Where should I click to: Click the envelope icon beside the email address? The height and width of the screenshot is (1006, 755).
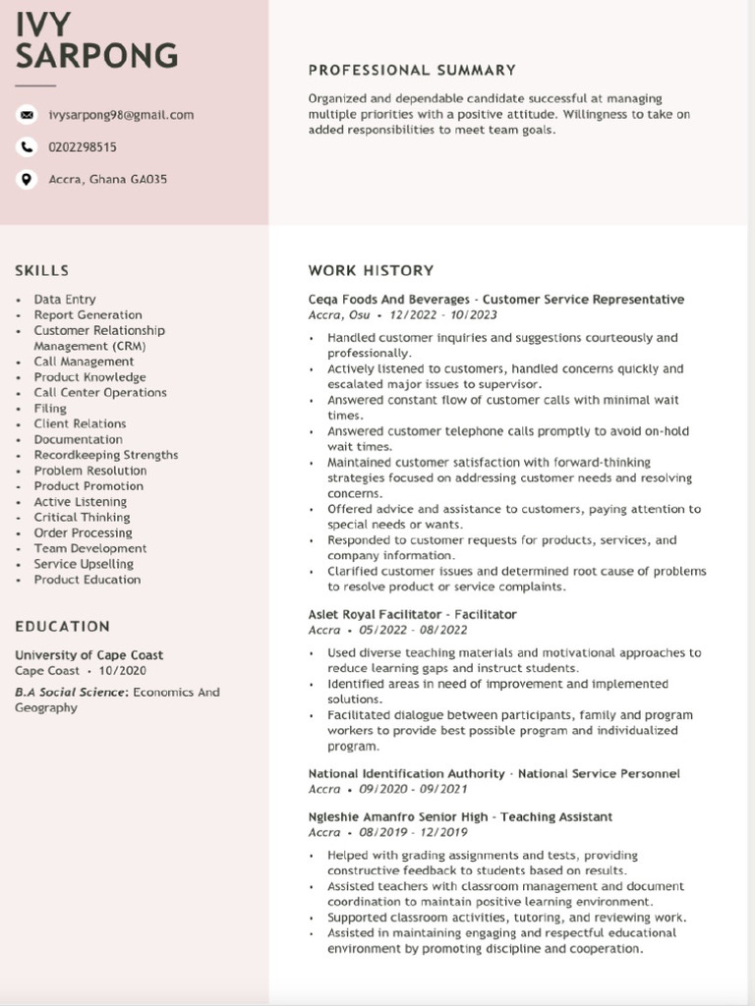click(27, 115)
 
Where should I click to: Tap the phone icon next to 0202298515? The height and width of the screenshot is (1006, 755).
click(27, 147)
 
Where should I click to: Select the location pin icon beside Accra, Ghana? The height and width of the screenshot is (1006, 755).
click(27, 180)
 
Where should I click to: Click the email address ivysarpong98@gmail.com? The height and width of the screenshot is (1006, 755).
click(121, 115)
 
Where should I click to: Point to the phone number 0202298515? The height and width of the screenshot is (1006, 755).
click(83, 147)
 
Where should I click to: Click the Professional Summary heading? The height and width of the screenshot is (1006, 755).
click(412, 71)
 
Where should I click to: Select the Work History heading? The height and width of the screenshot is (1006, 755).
click(371, 270)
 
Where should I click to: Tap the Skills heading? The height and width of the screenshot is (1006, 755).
click(42, 270)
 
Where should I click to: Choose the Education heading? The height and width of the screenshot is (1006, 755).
click(63, 626)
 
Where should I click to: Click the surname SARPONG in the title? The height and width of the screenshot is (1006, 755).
click(96, 55)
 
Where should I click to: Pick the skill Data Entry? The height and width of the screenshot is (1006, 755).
click(65, 300)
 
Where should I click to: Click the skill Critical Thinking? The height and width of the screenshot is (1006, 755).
click(82, 518)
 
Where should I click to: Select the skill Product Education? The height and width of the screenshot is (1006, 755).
click(87, 580)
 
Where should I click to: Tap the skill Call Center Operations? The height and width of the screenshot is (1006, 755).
click(100, 393)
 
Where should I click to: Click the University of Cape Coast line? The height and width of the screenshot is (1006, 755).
click(89, 655)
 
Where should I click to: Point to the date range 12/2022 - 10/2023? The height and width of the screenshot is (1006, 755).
click(443, 315)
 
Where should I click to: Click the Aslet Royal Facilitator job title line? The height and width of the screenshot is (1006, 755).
click(412, 615)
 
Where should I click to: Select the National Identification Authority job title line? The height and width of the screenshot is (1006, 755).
click(494, 774)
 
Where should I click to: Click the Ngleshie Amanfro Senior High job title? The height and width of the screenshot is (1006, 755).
click(460, 817)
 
